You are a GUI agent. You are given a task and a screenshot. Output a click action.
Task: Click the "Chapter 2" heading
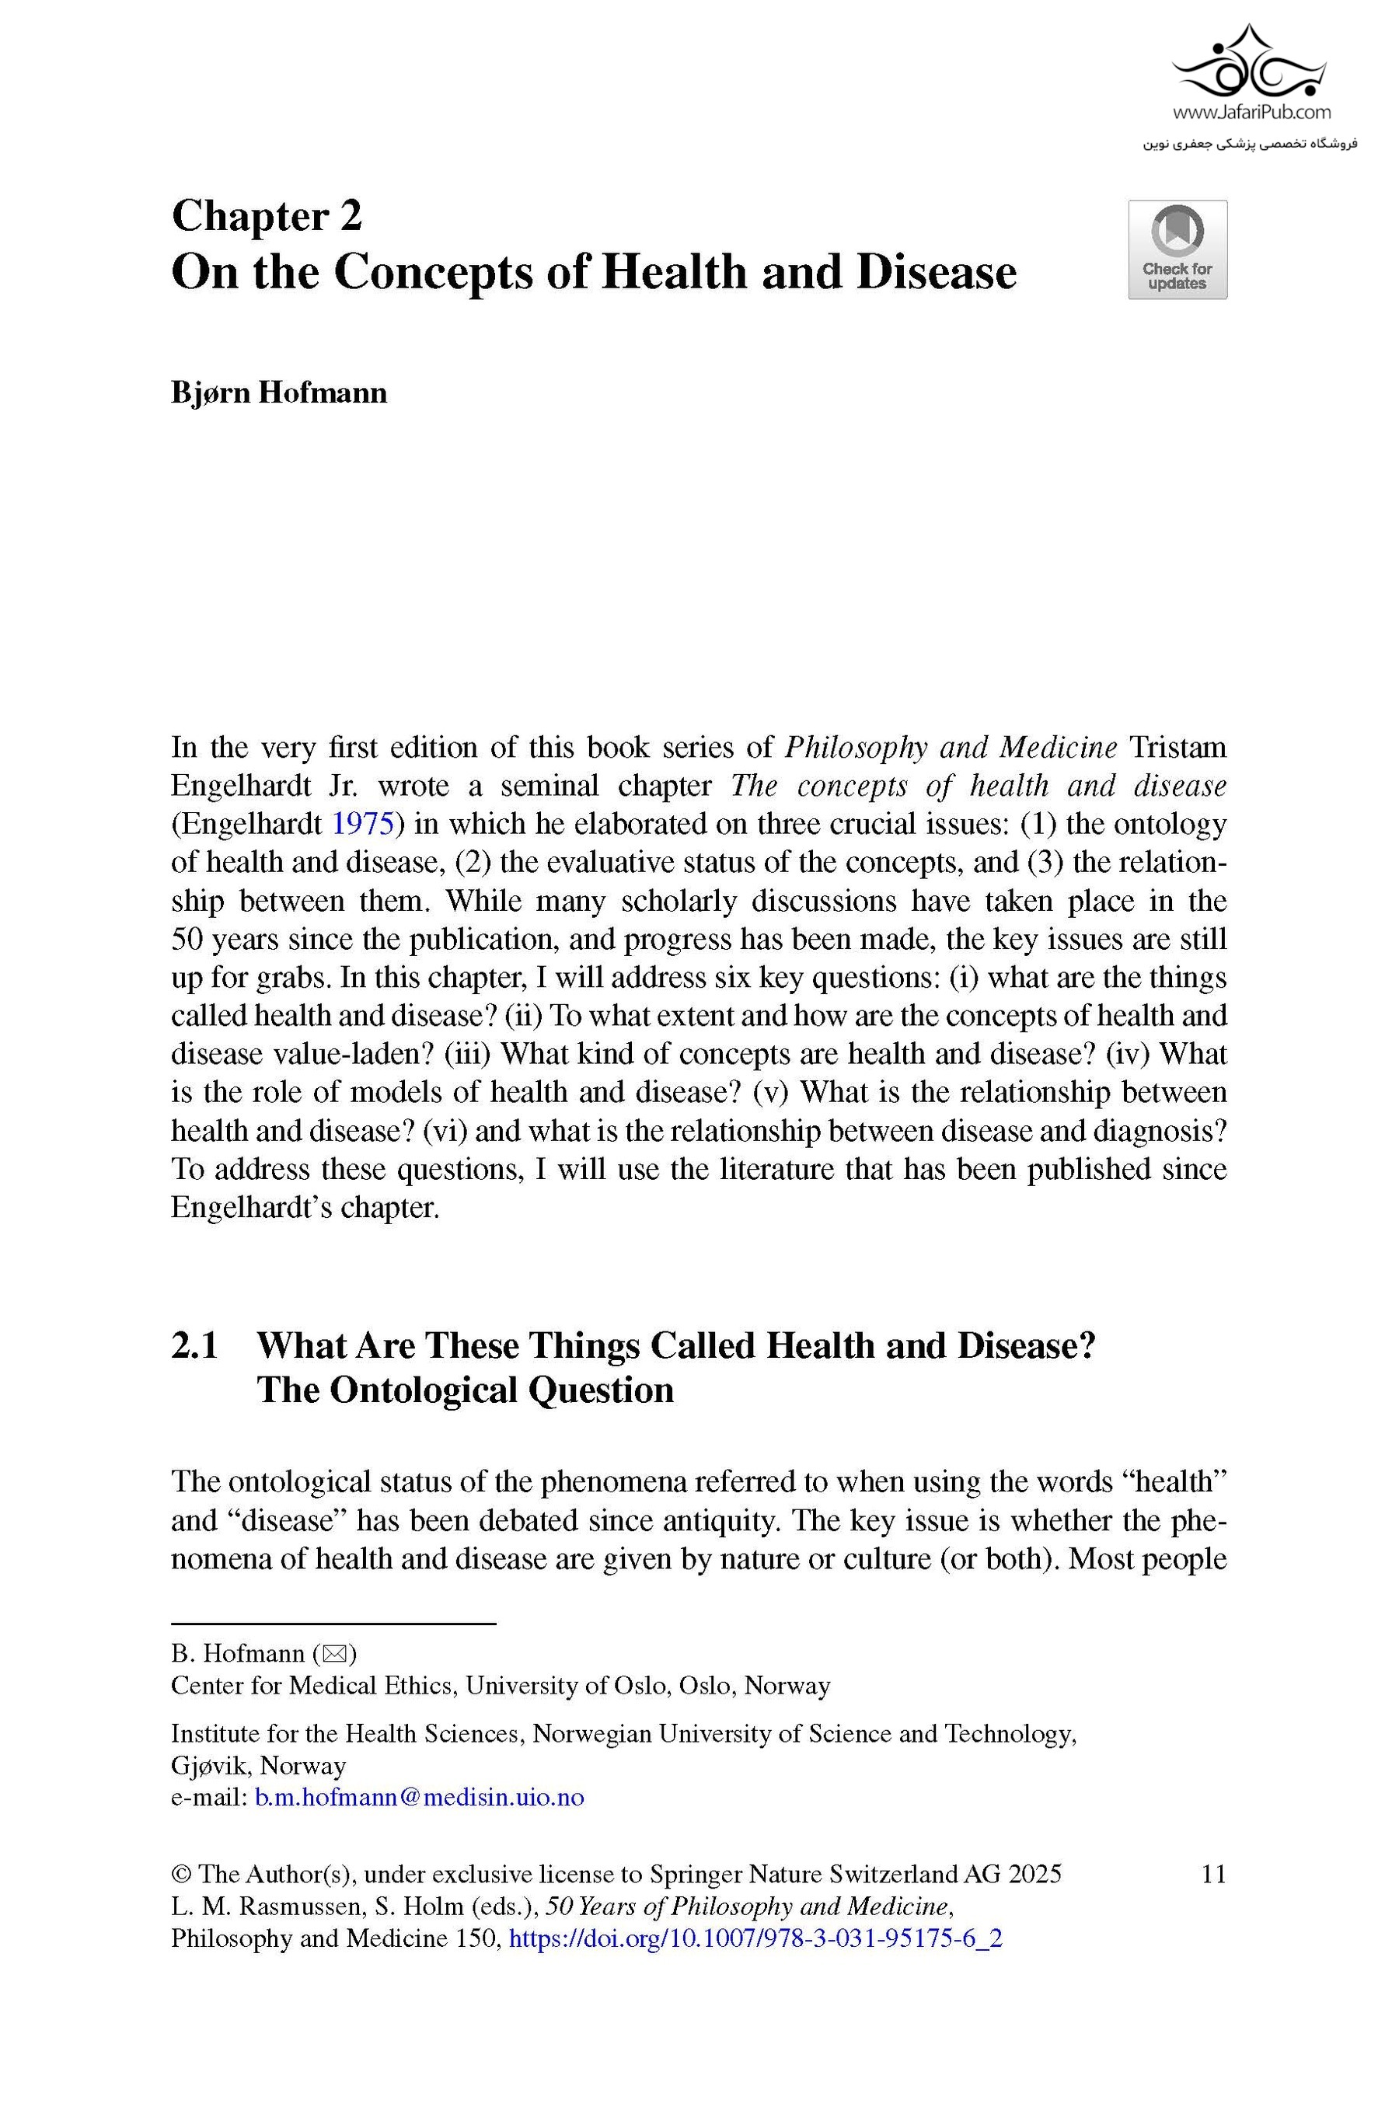267,216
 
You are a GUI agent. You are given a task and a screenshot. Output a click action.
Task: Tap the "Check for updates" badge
1177,249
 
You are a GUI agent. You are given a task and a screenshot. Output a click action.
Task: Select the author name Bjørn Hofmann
279,392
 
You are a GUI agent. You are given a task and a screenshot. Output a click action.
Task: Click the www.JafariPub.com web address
1251,113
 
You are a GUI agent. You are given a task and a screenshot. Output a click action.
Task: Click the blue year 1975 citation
363,824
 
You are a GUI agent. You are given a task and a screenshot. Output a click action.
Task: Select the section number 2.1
195,1345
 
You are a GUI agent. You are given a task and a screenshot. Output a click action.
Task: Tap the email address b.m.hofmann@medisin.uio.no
419,1797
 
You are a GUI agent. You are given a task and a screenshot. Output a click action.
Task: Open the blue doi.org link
755,1938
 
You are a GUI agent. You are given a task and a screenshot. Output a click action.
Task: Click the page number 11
1213,1874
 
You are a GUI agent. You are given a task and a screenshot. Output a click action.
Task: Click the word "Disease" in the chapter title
936,273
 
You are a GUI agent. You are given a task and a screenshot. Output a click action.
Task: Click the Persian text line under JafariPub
1250,143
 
